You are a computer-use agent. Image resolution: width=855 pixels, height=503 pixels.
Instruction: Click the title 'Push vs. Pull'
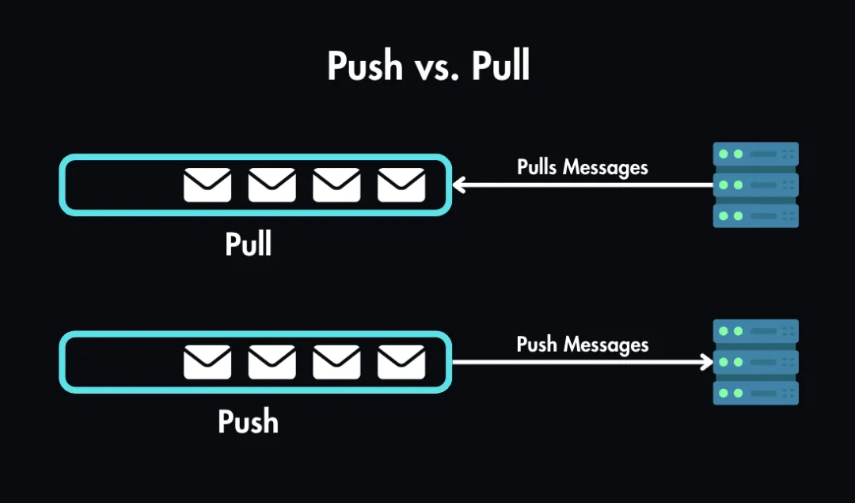[x=428, y=67]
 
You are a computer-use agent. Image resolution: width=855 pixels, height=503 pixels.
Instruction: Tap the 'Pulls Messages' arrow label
[x=582, y=167]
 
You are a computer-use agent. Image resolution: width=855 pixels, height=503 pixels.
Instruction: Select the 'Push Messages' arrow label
[x=582, y=345]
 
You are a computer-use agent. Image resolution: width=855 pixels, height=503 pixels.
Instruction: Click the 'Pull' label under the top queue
[x=249, y=244]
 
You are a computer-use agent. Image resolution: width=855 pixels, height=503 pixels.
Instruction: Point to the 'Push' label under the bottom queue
[x=249, y=421]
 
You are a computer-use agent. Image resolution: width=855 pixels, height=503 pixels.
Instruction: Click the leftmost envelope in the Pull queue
[x=207, y=185]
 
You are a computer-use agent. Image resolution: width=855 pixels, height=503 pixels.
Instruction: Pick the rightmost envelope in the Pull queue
[x=401, y=185]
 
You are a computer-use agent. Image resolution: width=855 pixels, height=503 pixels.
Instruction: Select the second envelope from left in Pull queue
[x=272, y=185]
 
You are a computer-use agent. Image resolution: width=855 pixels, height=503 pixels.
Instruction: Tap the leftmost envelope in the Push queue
[x=207, y=363]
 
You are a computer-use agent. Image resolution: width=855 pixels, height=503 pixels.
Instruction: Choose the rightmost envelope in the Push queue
[x=401, y=363]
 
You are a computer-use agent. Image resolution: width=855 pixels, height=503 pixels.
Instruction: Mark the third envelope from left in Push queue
[x=336, y=363]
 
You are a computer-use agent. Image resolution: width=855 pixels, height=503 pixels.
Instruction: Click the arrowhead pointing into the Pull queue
[x=458, y=185]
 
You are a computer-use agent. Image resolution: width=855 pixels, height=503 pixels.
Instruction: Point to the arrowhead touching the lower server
[x=706, y=363]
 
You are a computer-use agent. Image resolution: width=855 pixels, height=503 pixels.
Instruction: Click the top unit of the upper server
[x=755, y=154]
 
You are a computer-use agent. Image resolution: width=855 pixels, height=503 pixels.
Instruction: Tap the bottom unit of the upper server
[x=755, y=215]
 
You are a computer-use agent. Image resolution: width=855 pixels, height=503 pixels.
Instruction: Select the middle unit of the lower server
[x=755, y=362]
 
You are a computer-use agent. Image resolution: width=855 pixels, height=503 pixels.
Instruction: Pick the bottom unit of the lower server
[x=755, y=393]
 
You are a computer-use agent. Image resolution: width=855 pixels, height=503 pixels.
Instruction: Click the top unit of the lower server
[x=755, y=331]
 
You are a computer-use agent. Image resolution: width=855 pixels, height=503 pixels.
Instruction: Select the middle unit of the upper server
[x=755, y=185]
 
